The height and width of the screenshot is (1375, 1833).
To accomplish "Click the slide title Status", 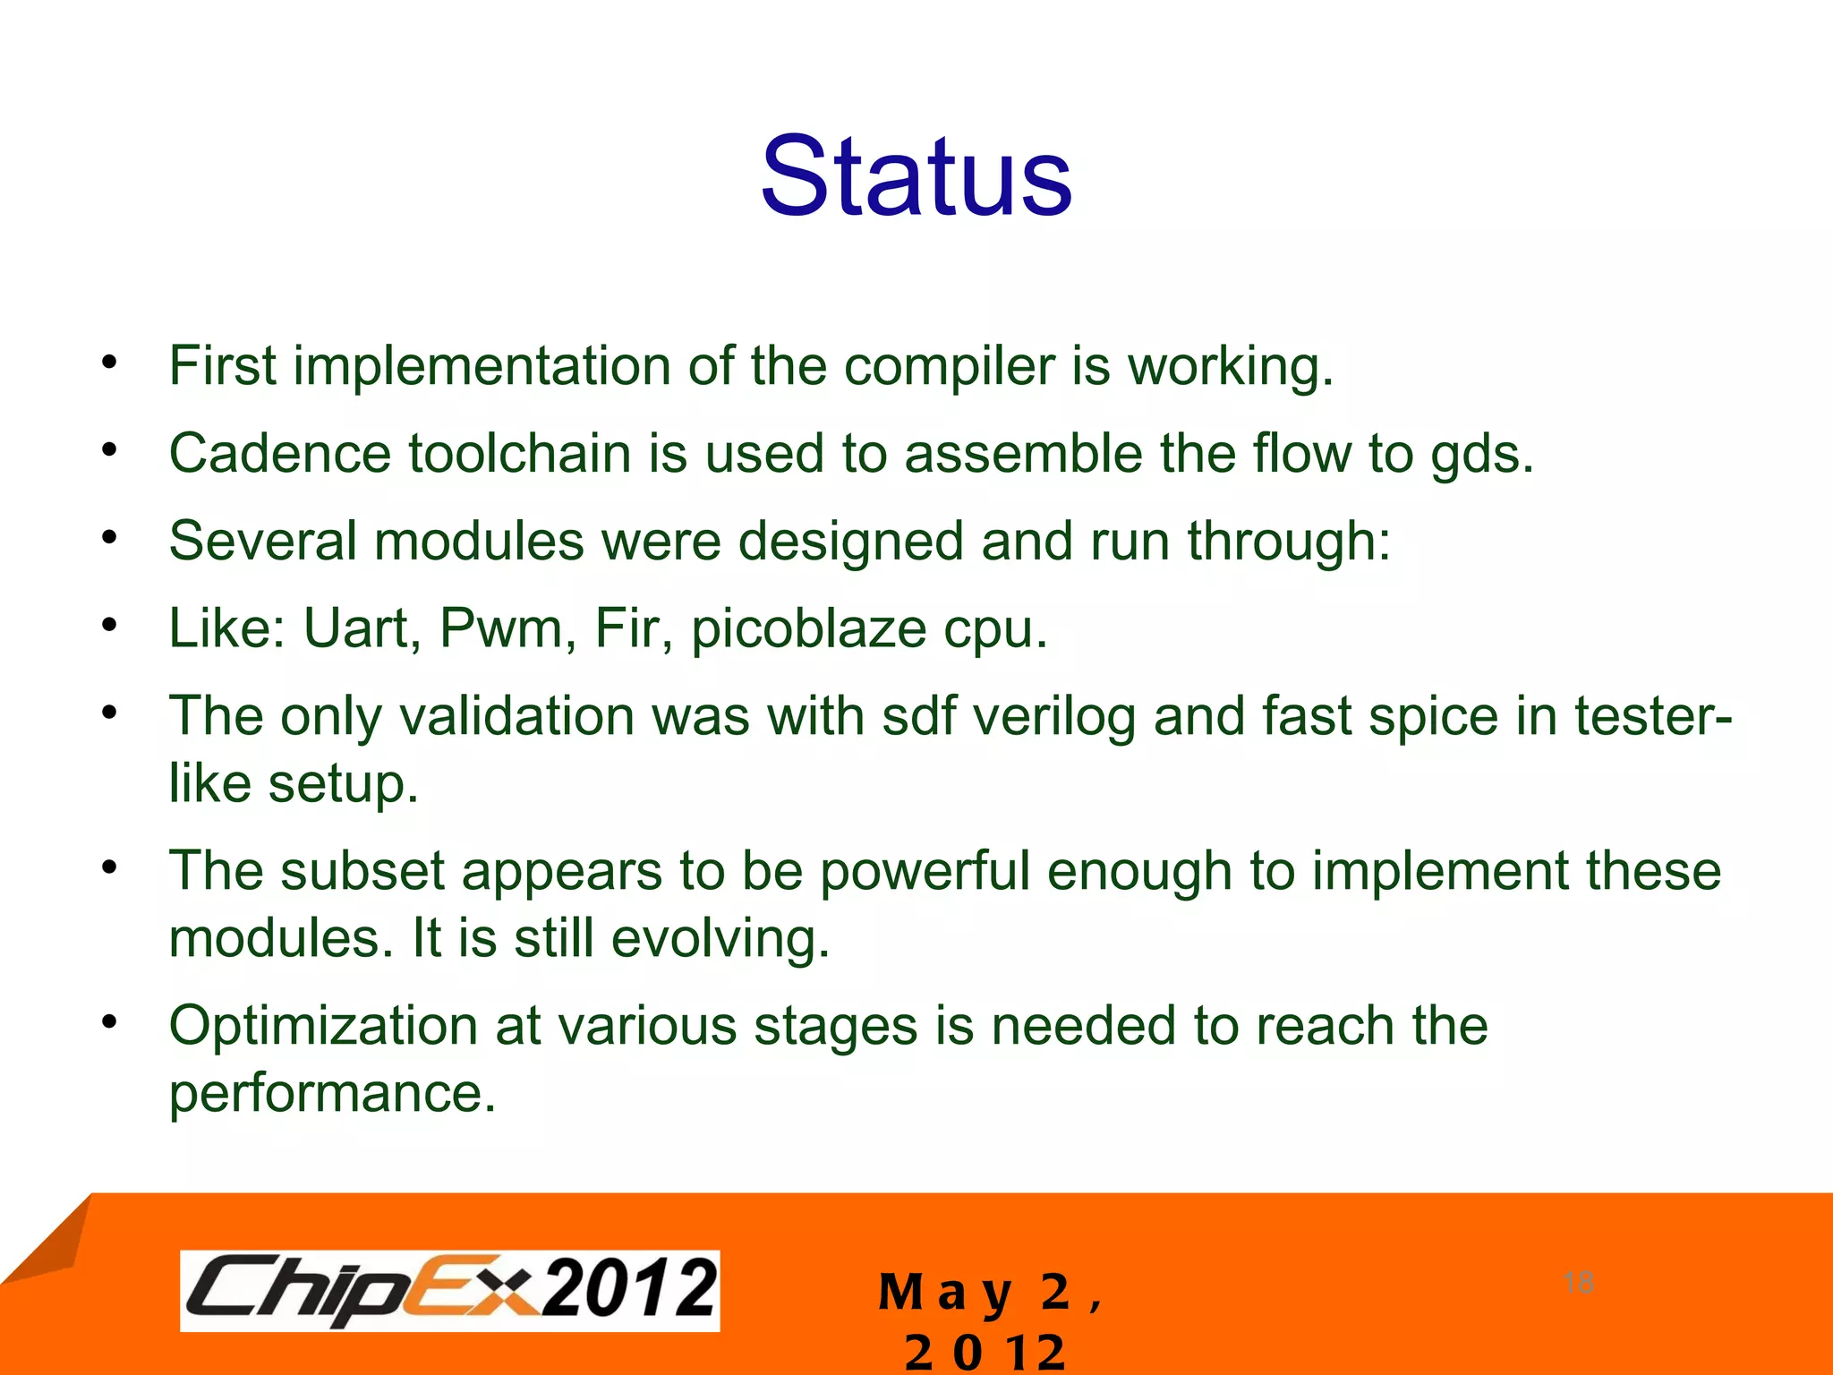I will (916, 176).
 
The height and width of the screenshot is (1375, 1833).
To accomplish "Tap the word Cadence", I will (279, 454).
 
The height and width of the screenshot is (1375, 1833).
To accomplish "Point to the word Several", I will (262, 542).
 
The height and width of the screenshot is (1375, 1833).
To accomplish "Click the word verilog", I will (1054, 717).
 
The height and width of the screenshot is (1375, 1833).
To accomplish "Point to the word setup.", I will (343, 785).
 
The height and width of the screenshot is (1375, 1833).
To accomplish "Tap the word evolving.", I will (720, 939).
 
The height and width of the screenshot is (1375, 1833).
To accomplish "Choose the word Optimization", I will (323, 1026).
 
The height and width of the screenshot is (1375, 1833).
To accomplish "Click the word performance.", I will (332, 1094).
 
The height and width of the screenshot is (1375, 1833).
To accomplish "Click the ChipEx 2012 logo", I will (449, 1290).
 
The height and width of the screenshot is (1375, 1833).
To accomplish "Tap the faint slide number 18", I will (1578, 1282).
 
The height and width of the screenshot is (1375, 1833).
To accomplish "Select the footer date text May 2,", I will (989, 1293).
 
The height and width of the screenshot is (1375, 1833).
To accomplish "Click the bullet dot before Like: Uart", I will (109, 624).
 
